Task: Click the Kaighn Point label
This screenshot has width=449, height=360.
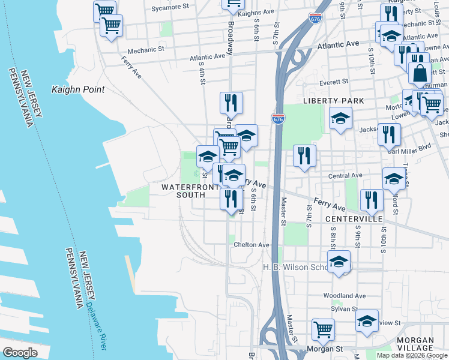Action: coord(78,90)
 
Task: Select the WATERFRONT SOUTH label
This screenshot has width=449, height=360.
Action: coord(191,191)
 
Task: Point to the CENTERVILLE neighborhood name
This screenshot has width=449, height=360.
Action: coord(354,220)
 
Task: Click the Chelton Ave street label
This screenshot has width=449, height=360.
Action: coord(252,245)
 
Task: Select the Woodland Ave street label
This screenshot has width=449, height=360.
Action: coord(345,296)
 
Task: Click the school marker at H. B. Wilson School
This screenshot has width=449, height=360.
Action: coord(339,262)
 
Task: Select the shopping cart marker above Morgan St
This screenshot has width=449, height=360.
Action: coord(323,329)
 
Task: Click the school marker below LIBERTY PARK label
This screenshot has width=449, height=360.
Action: coord(340,118)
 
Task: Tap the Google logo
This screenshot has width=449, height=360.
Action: coord(20,353)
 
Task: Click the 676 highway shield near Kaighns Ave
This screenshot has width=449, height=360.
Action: coord(315,19)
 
